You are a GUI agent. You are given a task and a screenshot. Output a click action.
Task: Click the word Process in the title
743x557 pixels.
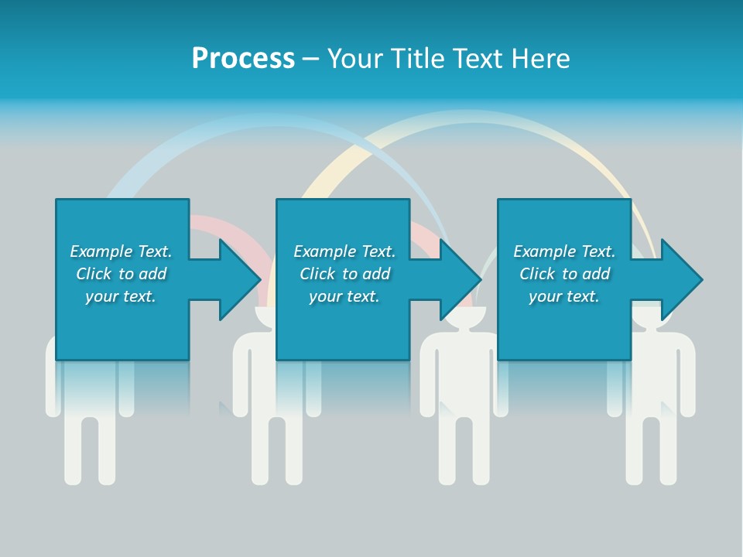click(x=243, y=59)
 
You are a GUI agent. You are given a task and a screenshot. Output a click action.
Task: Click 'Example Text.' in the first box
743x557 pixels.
click(x=121, y=251)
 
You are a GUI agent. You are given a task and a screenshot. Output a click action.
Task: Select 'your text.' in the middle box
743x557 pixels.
click(x=344, y=296)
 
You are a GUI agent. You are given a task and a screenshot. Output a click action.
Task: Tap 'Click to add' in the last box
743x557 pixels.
click(x=564, y=274)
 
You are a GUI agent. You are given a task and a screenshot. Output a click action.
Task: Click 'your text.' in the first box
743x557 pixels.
click(x=121, y=296)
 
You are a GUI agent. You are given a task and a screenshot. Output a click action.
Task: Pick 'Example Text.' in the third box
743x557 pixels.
click(x=564, y=251)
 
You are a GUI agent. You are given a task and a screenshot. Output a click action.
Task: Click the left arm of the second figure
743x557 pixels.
click(x=240, y=379)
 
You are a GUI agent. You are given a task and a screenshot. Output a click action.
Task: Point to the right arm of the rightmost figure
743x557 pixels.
click(x=688, y=379)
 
